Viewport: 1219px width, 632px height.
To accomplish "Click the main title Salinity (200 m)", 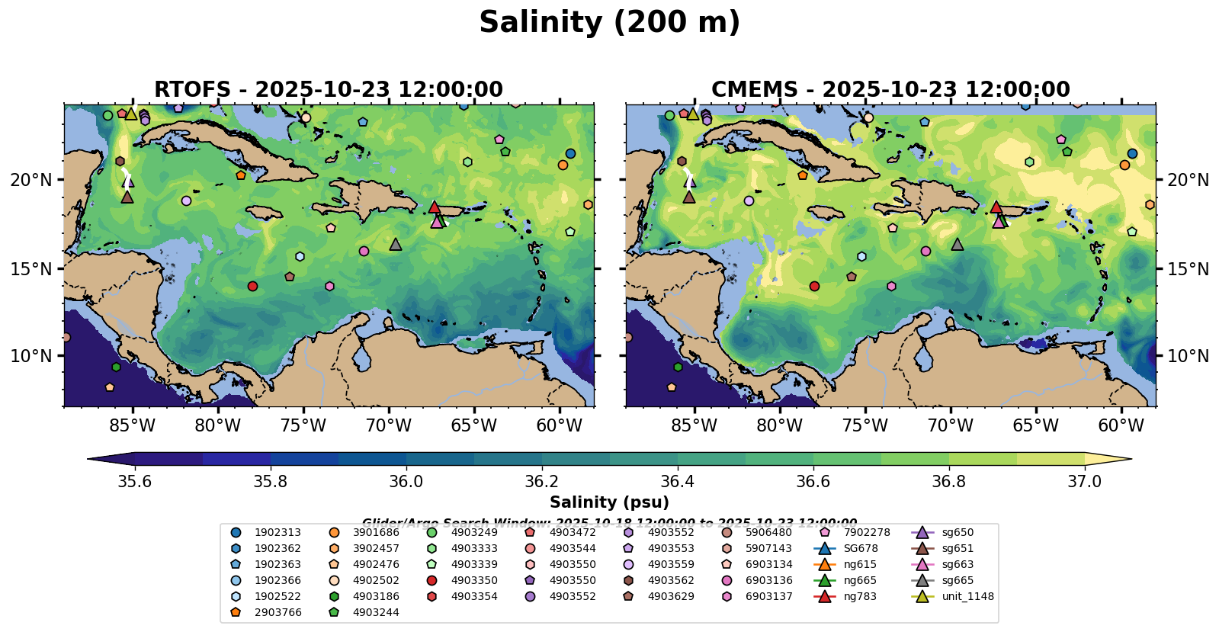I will pyautogui.click(x=609, y=23).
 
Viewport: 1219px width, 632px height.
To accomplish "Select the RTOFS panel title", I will pyautogui.click(x=329, y=90).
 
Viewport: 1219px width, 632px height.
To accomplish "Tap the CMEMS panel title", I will pyautogui.click(x=890, y=90).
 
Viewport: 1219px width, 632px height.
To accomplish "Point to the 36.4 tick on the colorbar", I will pyautogui.click(x=678, y=481).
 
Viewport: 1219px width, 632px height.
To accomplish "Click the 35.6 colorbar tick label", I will pyautogui.click(x=135, y=481).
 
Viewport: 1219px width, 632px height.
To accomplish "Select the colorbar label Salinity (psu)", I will pyautogui.click(x=609, y=502).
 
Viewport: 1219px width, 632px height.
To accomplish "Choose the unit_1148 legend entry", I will pyautogui.click(x=967, y=596).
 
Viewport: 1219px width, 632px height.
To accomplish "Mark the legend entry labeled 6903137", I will pyautogui.click(x=768, y=596).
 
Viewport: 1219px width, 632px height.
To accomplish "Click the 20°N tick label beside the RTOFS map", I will pyautogui.click(x=31, y=180).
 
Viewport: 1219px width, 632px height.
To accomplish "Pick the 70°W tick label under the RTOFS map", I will pyautogui.click(x=388, y=425).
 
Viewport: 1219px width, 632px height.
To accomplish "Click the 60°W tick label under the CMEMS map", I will pyautogui.click(x=1121, y=425).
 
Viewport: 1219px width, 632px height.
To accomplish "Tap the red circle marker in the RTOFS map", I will pyautogui.click(x=252, y=287).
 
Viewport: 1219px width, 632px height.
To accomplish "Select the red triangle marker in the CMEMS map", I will pyautogui.click(x=996, y=207).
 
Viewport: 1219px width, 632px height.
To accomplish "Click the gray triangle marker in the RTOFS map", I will pyautogui.click(x=395, y=245).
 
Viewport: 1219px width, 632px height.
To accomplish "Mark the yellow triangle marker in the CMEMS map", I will pyautogui.click(x=692, y=114).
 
